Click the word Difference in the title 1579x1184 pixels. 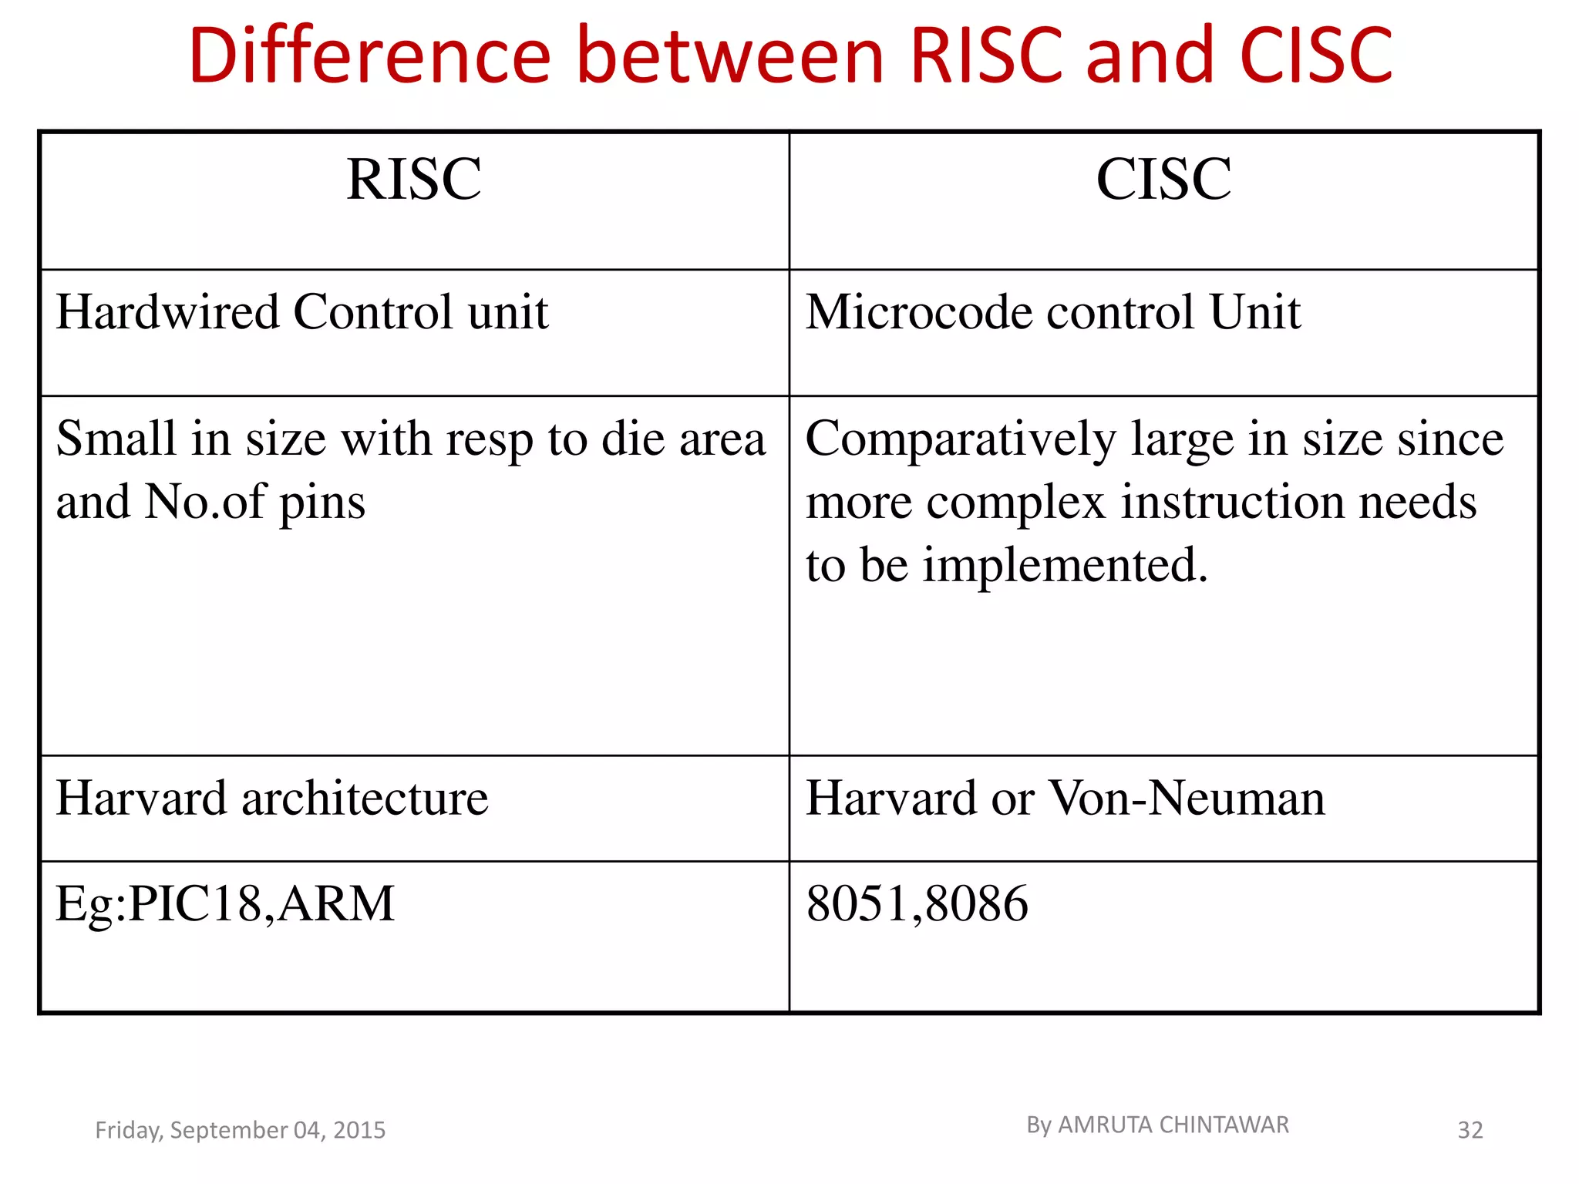coord(370,55)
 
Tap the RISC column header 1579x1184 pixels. coord(414,179)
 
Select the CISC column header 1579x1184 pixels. coord(1163,179)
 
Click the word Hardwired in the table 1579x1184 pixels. coord(167,312)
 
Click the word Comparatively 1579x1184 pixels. coord(961,439)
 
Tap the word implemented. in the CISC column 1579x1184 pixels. coord(1065,565)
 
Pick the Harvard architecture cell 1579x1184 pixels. coord(272,798)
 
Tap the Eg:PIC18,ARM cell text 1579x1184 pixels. coord(225,903)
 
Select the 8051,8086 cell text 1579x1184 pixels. coord(917,903)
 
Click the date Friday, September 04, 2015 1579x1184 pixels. coord(240,1130)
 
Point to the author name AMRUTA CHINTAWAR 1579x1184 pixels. coord(1173,1125)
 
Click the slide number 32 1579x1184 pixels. coord(1470,1130)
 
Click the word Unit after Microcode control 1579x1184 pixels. coord(1254,312)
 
